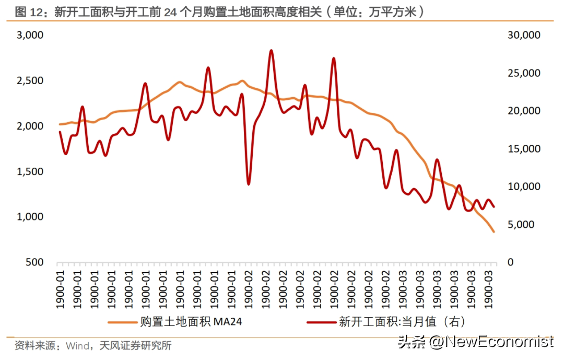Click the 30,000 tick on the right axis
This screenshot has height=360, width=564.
[x=523, y=35]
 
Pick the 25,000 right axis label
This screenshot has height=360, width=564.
[x=523, y=73]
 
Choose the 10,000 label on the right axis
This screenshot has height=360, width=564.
[x=523, y=187]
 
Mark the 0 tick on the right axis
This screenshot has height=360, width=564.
[x=511, y=262]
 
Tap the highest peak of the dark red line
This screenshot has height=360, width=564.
[x=271, y=51]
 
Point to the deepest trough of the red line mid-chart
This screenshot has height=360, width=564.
[x=249, y=183]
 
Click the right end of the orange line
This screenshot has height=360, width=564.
[x=494, y=231]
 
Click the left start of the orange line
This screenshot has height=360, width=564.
[x=60, y=124]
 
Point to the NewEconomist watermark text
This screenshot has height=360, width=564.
[x=491, y=342]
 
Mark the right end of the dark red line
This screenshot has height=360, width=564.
[x=494, y=207]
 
